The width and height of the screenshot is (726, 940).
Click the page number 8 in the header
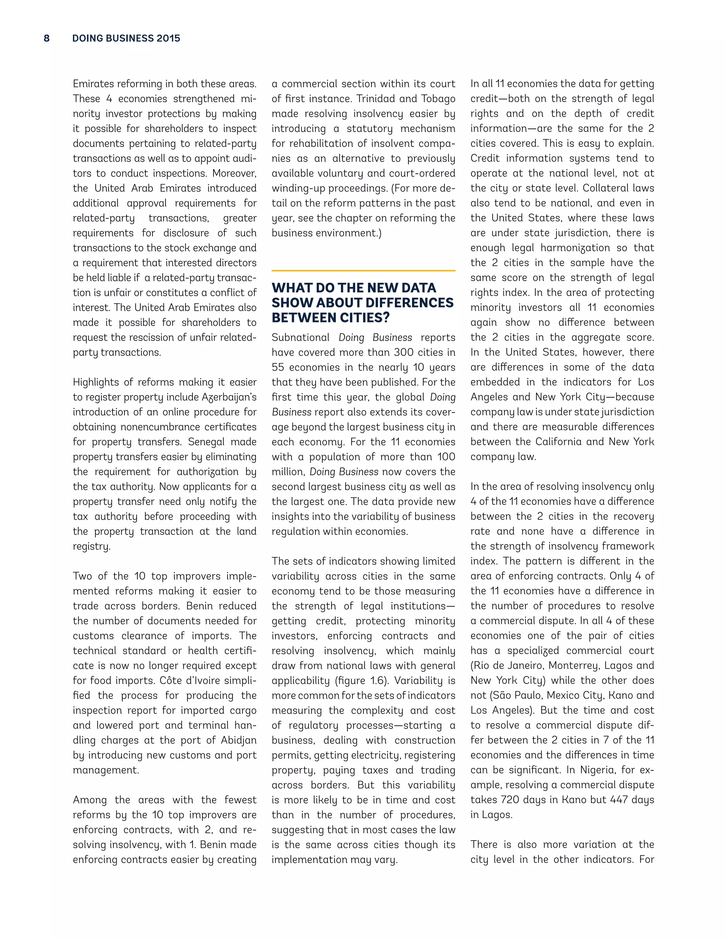pos(46,38)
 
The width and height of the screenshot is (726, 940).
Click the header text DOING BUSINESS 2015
pos(126,38)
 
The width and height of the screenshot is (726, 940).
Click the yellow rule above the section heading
pos(363,271)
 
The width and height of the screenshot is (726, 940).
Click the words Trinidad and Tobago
pos(406,99)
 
